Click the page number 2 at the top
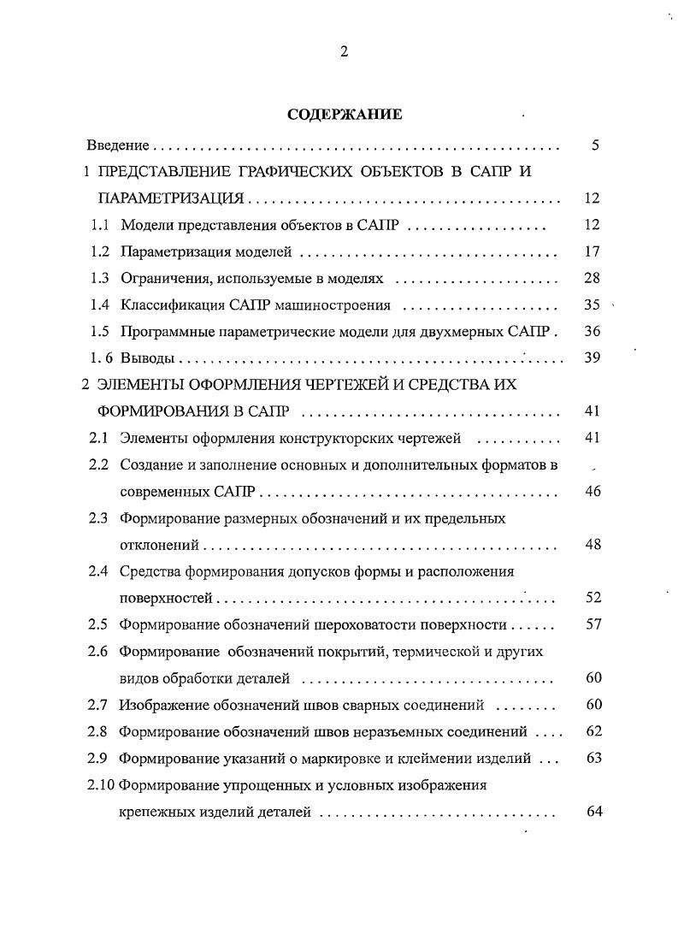[x=344, y=51]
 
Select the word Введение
[x=119, y=145]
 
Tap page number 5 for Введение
[x=594, y=145]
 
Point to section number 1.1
[x=100, y=225]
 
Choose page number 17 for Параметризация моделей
[x=593, y=251]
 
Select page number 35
[x=593, y=304]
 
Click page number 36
[x=593, y=331]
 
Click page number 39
[x=593, y=358]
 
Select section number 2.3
[x=97, y=517]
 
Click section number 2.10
[x=101, y=784]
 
